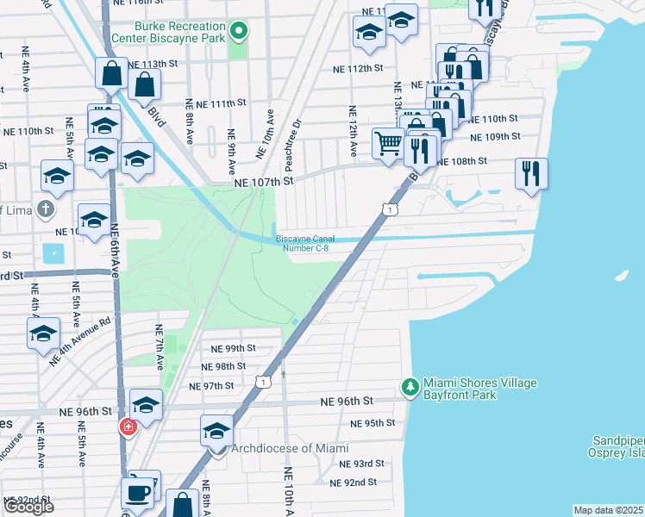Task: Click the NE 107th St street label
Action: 264,182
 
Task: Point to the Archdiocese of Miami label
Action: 290,448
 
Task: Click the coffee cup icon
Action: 139,491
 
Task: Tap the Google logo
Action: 28,507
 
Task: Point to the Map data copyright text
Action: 608,510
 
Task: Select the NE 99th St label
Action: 234,348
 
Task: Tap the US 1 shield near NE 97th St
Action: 266,380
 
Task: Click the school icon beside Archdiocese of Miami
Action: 216,430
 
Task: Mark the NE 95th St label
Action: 373,423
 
